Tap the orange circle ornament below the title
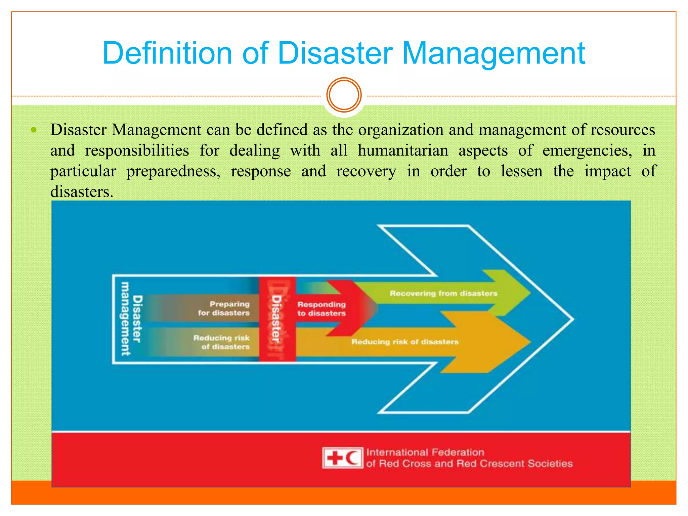tap(344, 95)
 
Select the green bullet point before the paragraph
tap(33, 130)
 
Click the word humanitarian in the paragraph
tap(403, 150)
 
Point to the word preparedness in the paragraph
tap(173, 171)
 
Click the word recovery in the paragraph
tap(366, 171)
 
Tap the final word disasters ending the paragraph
tap(82, 192)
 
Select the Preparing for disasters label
tap(224, 308)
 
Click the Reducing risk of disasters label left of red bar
tap(222, 342)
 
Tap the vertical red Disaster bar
tap(277, 319)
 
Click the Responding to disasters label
tap(321, 309)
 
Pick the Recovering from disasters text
tap(443, 293)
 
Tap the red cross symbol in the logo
tap(335, 458)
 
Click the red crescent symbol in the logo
tap(352, 458)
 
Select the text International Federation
tap(425, 452)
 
